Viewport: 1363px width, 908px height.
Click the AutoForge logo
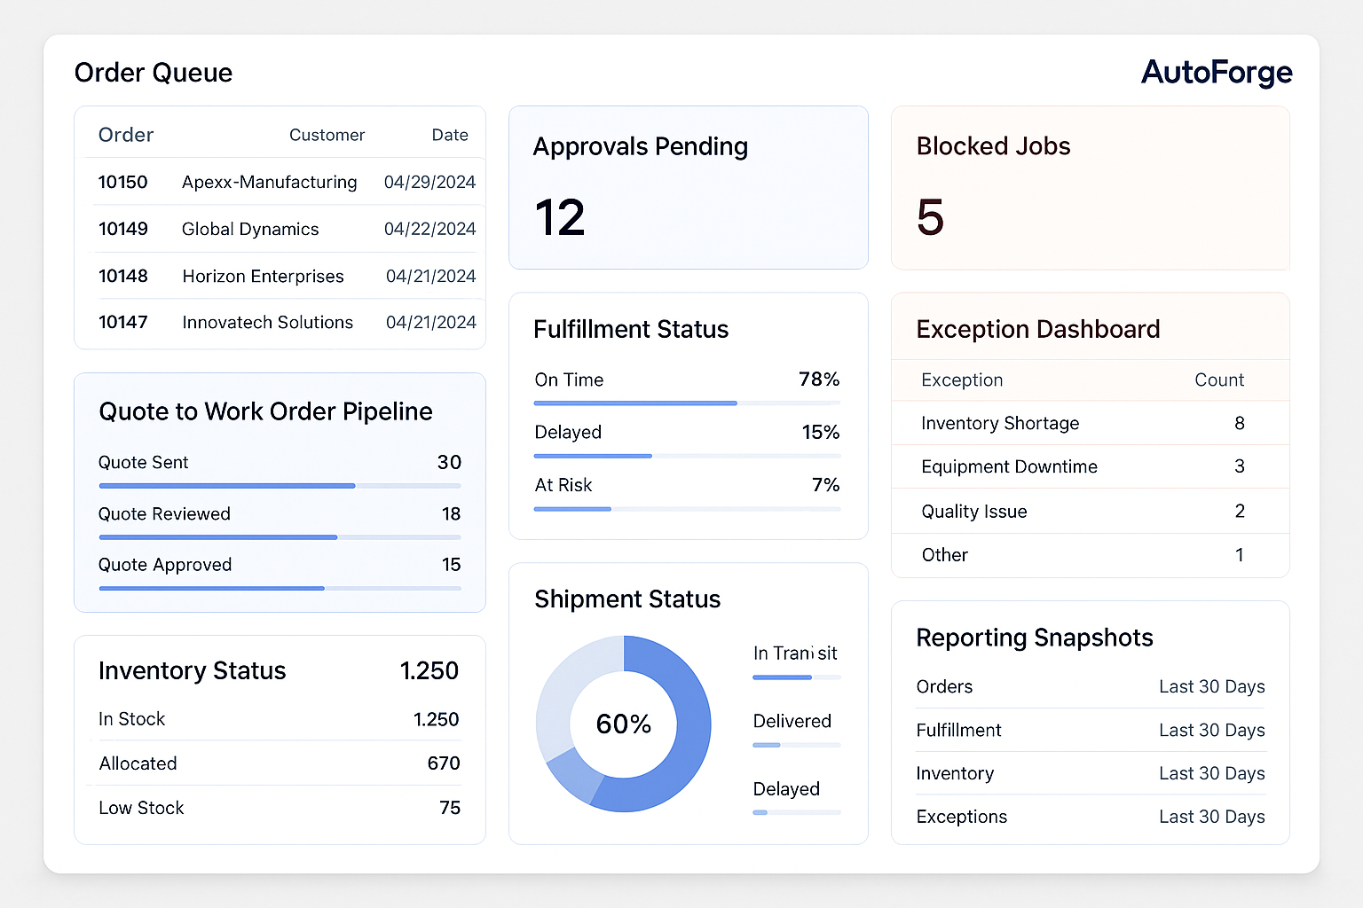click(1216, 72)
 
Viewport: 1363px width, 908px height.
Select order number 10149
click(122, 229)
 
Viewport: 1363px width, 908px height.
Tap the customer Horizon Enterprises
click(263, 276)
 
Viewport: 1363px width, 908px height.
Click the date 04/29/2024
click(429, 182)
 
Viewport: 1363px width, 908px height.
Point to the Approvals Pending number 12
click(560, 217)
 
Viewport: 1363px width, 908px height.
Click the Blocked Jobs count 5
click(930, 217)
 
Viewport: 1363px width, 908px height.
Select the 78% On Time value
click(818, 380)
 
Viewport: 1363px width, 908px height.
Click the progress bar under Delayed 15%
click(687, 456)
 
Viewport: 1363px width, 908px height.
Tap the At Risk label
click(563, 485)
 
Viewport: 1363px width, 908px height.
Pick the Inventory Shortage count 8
click(1239, 423)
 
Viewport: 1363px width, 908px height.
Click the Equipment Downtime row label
click(1009, 466)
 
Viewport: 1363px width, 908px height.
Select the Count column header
click(1218, 380)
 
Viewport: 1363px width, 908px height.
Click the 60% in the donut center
click(623, 724)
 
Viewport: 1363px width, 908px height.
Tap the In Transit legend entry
click(795, 654)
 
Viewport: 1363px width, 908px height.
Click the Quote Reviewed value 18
click(451, 513)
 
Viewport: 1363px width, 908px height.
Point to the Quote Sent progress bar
click(280, 486)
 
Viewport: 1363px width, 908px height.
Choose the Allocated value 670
click(443, 763)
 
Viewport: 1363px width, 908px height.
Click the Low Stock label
click(141, 808)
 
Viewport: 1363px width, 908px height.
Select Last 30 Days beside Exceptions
click(1211, 817)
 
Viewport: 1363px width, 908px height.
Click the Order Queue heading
click(154, 73)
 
